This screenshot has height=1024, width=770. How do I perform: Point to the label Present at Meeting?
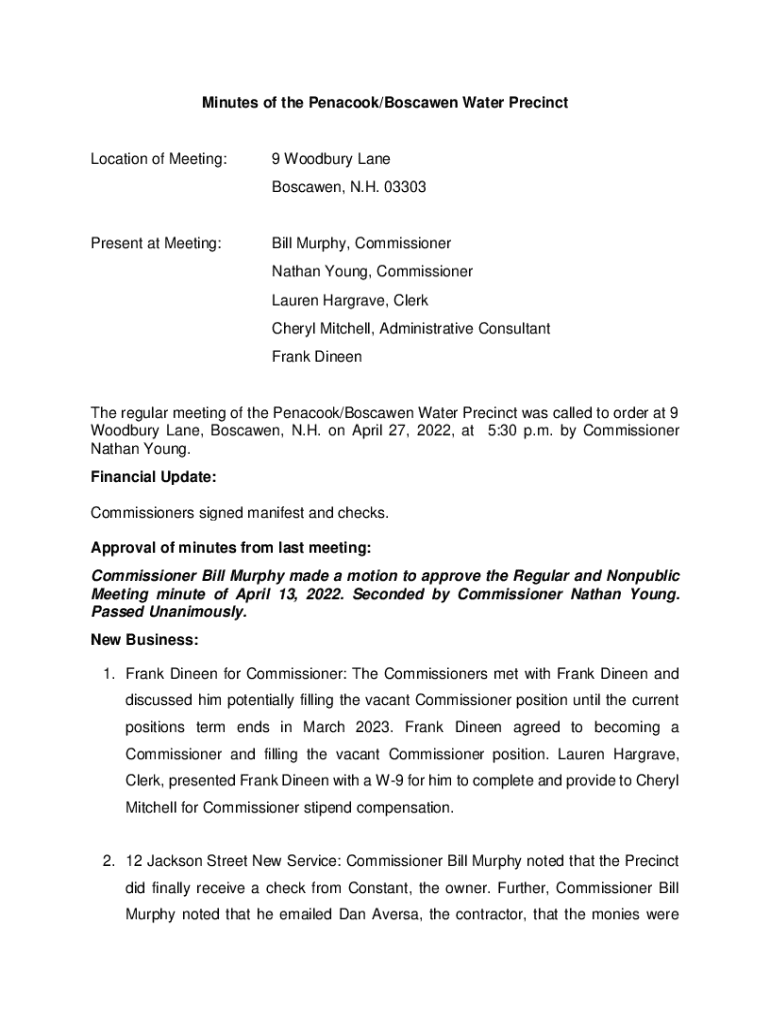coord(156,243)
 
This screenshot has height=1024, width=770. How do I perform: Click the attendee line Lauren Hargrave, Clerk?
coord(350,300)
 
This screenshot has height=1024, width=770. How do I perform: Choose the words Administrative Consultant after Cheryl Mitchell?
coord(465,328)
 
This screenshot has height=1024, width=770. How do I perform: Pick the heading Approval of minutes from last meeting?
coord(231,548)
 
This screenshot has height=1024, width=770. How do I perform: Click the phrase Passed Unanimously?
coord(168,611)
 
